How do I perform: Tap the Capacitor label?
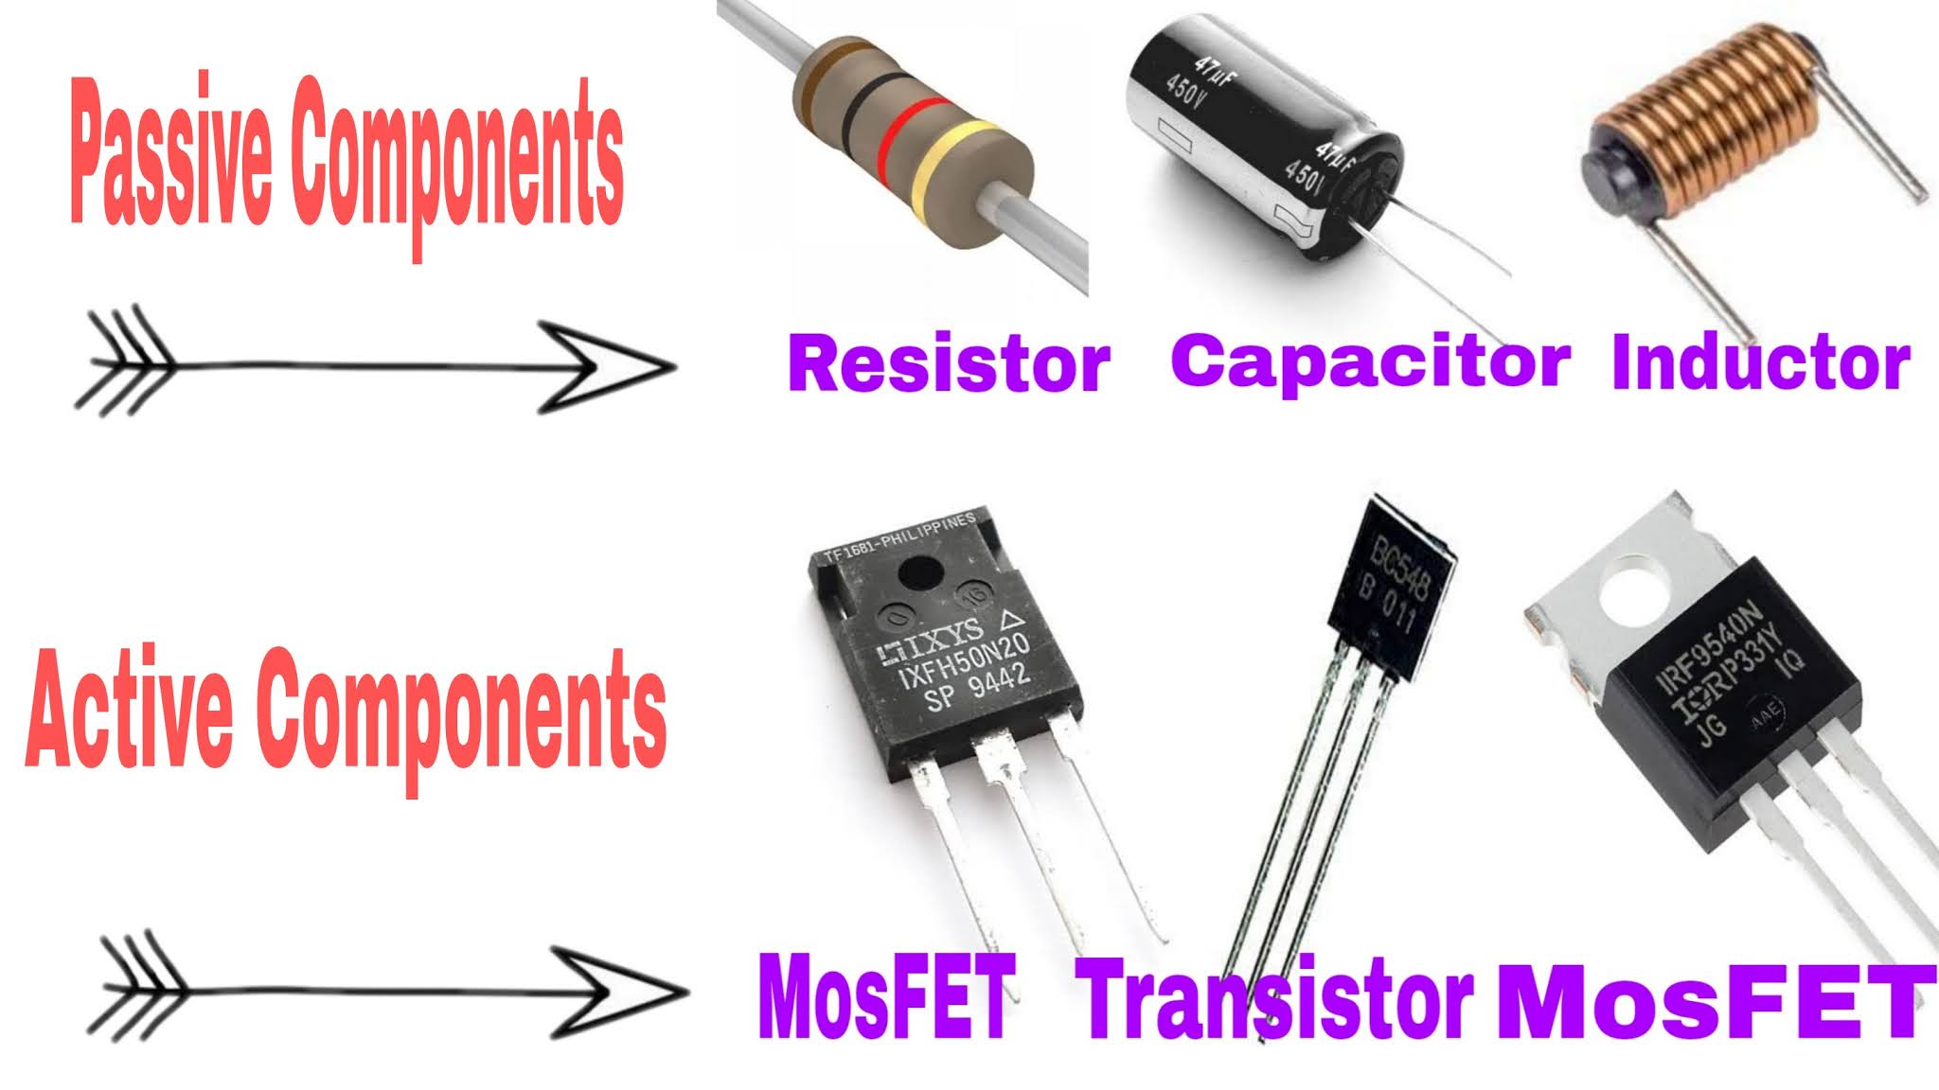1371,360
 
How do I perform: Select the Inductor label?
1761,362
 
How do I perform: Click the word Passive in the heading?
171,164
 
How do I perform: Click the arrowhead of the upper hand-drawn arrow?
606,366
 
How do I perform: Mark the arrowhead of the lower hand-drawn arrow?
620,993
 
